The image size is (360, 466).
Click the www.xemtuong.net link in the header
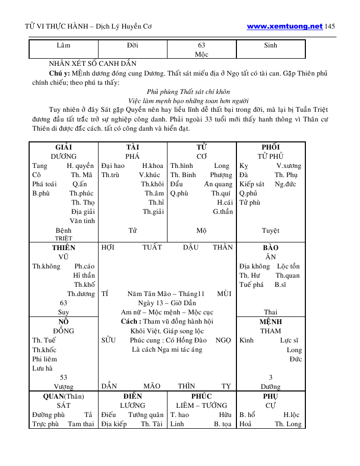click(284, 26)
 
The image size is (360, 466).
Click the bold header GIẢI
click(63, 148)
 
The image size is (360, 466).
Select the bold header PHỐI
click(271, 148)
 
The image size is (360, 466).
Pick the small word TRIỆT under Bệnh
click(63, 238)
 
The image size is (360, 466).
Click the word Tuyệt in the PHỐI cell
click(271, 231)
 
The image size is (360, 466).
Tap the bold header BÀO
click(271, 248)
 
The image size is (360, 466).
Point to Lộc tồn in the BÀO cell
click(289, 266)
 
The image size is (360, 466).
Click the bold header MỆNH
click(271, 322)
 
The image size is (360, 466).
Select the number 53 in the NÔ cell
click(63, 378)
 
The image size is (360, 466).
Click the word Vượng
click(63, 387)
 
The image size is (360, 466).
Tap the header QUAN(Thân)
click(63, 396)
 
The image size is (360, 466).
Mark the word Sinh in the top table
click(271, 45)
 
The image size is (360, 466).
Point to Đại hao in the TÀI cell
click(112, 166)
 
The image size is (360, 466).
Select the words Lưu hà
click(42, 369)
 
